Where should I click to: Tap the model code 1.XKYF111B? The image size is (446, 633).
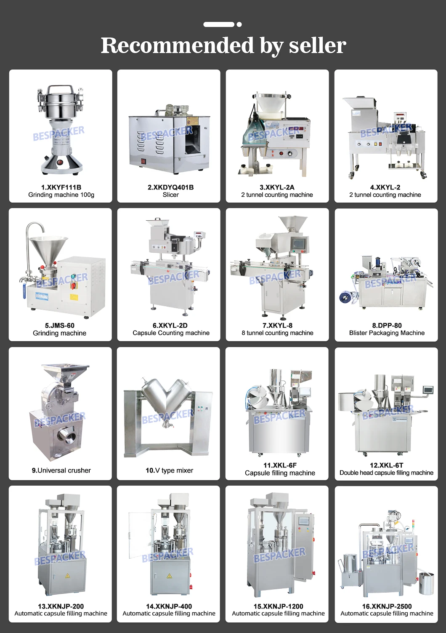pyautogui.click(x=61, y=187)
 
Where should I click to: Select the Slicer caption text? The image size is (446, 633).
pyautogui.click(x=170, y=195)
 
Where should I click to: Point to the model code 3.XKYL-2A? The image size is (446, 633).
pyautogui.click(x=277, y=187)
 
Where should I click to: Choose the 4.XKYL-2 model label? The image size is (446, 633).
pyautogui.click(x=385, y=187)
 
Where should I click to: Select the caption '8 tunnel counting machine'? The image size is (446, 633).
pyautogui.click(x=277, y=333)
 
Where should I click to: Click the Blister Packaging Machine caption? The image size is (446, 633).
pyautogui.click(x=387, y=333)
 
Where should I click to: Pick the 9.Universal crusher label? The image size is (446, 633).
pyautogui.click(x=61, y=470)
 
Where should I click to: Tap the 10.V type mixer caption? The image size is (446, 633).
pyautogui.click(x=169, y=470)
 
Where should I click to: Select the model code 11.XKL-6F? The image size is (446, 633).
pyautogui.click(x=280, y=465)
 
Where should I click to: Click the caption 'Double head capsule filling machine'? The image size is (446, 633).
pyautogui.click(x=386, y=473)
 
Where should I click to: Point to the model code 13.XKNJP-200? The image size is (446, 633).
pyautogui.click(x=61, y=606)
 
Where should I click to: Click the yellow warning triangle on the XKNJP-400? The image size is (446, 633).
pyautogui.click(x=169, y=576)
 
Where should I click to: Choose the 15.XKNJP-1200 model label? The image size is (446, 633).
pyautogui.click(x=278, y=606)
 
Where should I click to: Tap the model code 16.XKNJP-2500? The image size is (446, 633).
pyautogui.click(x=387, y=606)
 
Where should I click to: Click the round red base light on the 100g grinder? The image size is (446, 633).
pyautogui.click(x=59, y=162)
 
